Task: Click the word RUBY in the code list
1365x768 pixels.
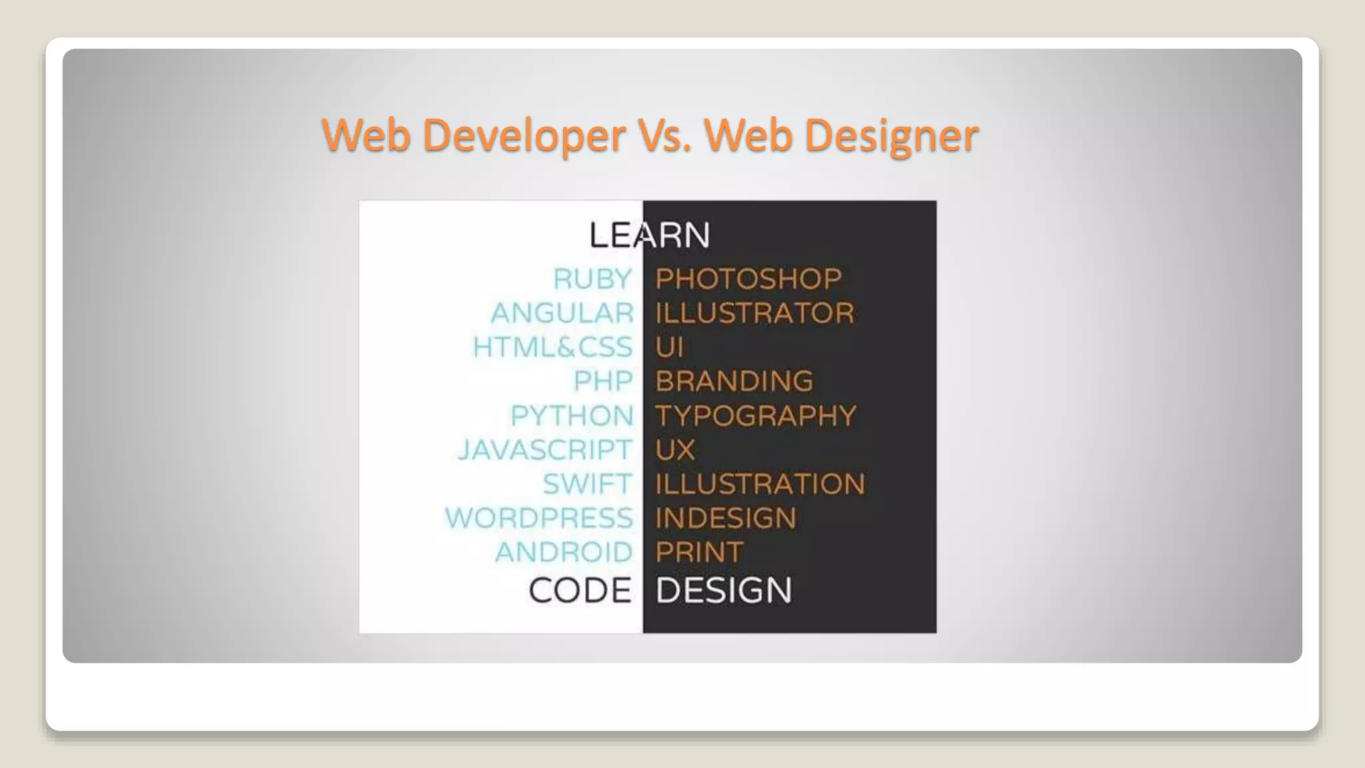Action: [x=593, y=279]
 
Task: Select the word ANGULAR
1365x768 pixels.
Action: [x=562, y=313]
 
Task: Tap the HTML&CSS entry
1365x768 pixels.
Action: [x=553, y=347]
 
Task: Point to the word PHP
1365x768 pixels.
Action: [x=603, y=381]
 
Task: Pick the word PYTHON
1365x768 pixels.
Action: [x=572, y=415]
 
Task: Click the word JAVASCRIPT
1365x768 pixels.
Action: [x=545, y=449]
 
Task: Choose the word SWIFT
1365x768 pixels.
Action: [x=587, y=483]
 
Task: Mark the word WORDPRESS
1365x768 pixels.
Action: [x=539, y=518]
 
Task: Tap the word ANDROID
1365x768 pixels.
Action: [x=564, y=552]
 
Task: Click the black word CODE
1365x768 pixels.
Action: [x=580, y=591]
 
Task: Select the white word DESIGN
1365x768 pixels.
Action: [x=724, y=591]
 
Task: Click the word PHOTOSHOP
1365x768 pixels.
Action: [x=748, y=279]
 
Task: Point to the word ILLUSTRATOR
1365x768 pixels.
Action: [x=754, y=313]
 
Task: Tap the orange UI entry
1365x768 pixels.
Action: [x=669, y=347]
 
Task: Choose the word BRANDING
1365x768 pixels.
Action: [x=734, y=381]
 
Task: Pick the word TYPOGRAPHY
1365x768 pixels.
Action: [x=755, y=415]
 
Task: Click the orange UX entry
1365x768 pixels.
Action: [x=675, y=449]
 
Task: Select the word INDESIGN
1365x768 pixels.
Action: [x=725, y=518]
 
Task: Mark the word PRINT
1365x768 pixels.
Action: [x=698, y=552]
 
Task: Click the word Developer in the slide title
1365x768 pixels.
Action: [x=524, y=135]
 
